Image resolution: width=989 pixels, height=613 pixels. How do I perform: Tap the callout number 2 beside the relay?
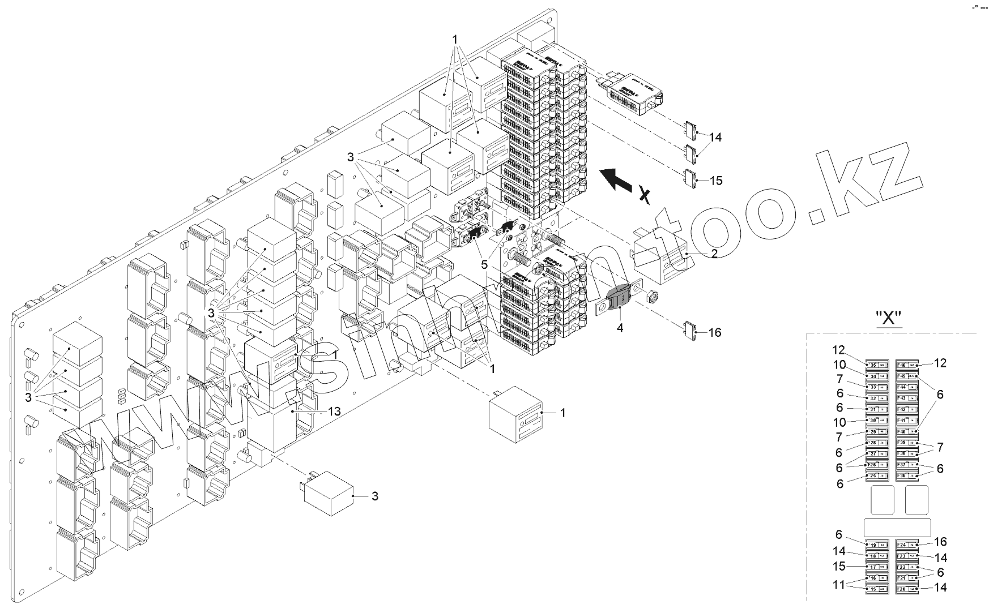[714, 254]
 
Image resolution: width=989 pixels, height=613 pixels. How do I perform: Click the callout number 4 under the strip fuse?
[620, 327]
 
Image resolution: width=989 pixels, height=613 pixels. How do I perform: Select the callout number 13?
[334, 411]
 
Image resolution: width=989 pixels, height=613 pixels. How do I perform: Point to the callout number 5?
[484, 264]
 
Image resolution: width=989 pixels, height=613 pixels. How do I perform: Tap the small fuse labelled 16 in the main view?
[690, 331]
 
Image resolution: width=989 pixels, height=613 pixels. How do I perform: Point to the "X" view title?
[889, 319]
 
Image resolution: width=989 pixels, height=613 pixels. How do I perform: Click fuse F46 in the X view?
[907, 365]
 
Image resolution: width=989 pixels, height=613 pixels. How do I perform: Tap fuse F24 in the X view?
[907, 545]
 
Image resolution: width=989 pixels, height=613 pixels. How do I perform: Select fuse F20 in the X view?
[907, 590]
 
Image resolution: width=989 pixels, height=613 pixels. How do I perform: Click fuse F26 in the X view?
[877, 465]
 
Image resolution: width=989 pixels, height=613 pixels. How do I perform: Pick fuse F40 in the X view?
[907, 432]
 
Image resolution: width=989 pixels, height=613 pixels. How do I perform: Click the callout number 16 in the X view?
[940, 542]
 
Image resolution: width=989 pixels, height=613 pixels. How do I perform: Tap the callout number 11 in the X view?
[839, 584]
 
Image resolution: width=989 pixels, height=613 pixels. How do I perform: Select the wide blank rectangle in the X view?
[897, 527]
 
